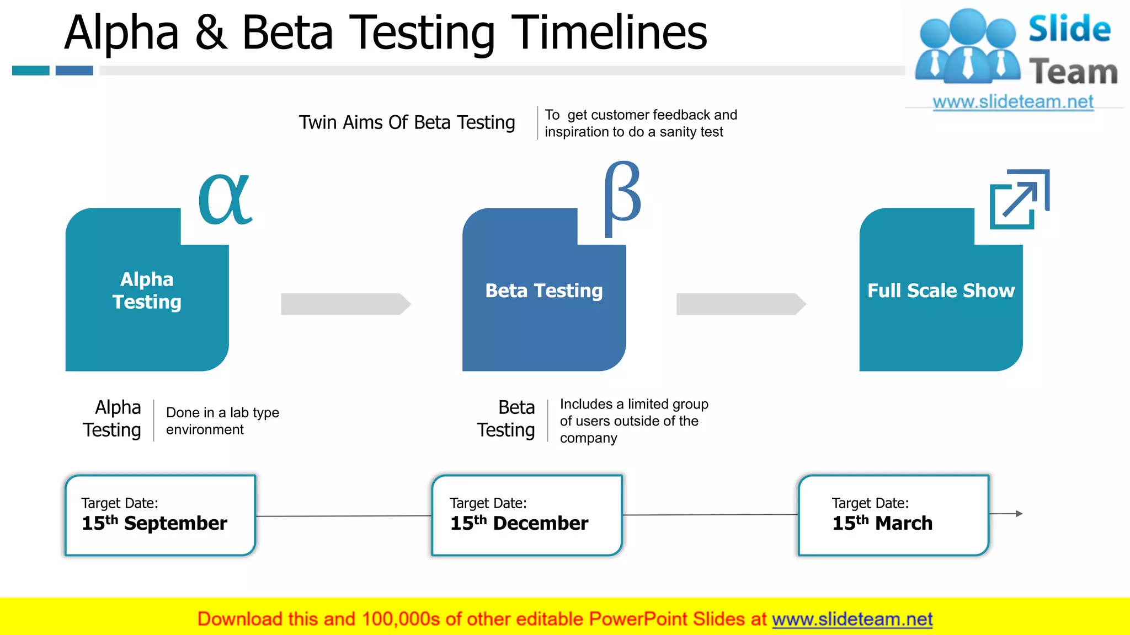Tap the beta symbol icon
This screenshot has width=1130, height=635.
[x=622, y=198]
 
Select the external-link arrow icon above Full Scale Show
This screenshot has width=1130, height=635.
[x=1019, y=199]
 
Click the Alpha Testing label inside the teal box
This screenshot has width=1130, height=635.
[x=147, y=290]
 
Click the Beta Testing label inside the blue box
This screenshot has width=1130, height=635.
[x=543, y=290]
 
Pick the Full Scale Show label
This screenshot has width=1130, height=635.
[x=941, y=290]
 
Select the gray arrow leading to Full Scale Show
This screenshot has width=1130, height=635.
[x=741, y=304]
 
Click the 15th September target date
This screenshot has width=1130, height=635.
[x=154, y=523]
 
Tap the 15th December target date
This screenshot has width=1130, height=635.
[x=519, y=523]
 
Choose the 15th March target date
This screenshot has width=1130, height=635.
[x=882, y=523]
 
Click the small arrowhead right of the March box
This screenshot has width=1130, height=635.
[x=1019, y=514]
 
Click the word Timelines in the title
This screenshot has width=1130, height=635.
[x=609, y=33]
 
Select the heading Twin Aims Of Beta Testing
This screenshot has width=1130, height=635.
[x=407, y=122]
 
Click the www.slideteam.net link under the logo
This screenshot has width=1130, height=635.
[x=1013, y=102]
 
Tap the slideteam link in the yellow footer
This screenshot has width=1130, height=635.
[x=852, y=619]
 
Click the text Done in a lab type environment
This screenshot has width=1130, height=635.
[x=222, y=421]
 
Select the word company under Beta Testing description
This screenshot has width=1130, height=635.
[x=588, y=438]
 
